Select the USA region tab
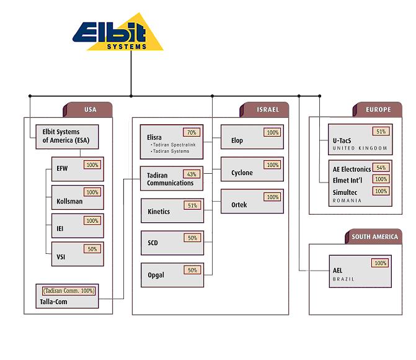[91, 110]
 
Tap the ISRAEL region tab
[268, 110]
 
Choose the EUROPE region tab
[378, 110]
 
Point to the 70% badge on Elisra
[191, 132]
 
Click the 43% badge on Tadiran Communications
[191, 174]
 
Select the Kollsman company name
[69, 200]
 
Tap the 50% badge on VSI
[92, 249]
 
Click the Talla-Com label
[54, 302]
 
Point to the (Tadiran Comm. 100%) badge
[69, 290]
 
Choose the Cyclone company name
[242, 173]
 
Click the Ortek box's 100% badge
[272, 197]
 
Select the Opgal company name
[156, 275]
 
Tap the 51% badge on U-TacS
[380, 132]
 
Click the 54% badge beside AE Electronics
[380, 168]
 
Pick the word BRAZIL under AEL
[343, 279]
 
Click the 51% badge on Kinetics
[191, 205]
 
